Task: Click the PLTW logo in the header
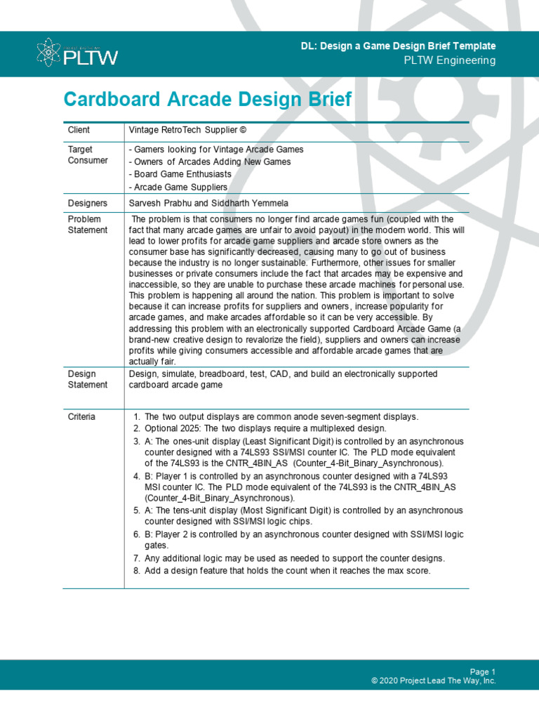pos(76,53)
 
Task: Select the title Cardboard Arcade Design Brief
pos(207,99)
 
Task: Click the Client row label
pos(79,130)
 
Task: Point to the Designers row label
pos(88,203)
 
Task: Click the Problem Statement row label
pos(88,225)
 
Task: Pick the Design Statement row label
pos(88,379)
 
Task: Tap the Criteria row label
pos(82,416)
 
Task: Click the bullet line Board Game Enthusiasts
pos(180,174)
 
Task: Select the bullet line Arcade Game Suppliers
pos(178,187)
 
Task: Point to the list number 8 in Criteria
pos(137,571)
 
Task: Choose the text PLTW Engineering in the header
pos(449,60)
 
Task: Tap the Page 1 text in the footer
pos(483,671)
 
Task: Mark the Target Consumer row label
pos(88,154)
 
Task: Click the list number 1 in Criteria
pos(137,416)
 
